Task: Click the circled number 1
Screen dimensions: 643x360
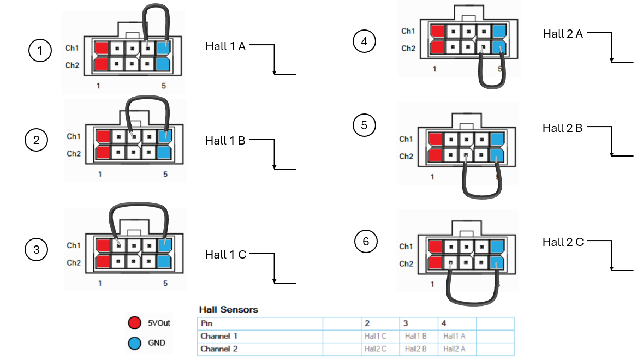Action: (40, 50)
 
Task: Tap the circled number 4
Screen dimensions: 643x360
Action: (364, 41)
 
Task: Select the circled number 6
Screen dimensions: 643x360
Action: (366, 241)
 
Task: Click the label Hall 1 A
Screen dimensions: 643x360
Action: (225, 46)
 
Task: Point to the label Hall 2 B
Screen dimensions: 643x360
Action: (563, 128)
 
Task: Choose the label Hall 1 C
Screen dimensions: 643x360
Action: (225, 255)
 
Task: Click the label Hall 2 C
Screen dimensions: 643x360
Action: (563, 242)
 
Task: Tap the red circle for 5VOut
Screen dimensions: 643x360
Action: (134, 323)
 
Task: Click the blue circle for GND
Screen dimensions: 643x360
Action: (134, 343)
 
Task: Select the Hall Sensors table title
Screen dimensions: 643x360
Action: (228, 310)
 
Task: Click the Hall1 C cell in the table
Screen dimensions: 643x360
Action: (375, 336)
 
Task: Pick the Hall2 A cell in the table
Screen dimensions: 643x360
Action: (454, 349)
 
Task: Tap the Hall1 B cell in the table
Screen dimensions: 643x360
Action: (416, 336)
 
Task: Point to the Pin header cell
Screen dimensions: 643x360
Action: (207, 323)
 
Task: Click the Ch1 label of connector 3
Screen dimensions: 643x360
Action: (74, 245)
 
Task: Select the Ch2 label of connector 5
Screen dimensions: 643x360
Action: (406, 157)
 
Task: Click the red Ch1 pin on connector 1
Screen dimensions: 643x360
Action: (102, 48)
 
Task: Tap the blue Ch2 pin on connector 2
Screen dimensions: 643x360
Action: (164, 153)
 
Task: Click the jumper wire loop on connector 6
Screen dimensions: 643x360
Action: (472, 303)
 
